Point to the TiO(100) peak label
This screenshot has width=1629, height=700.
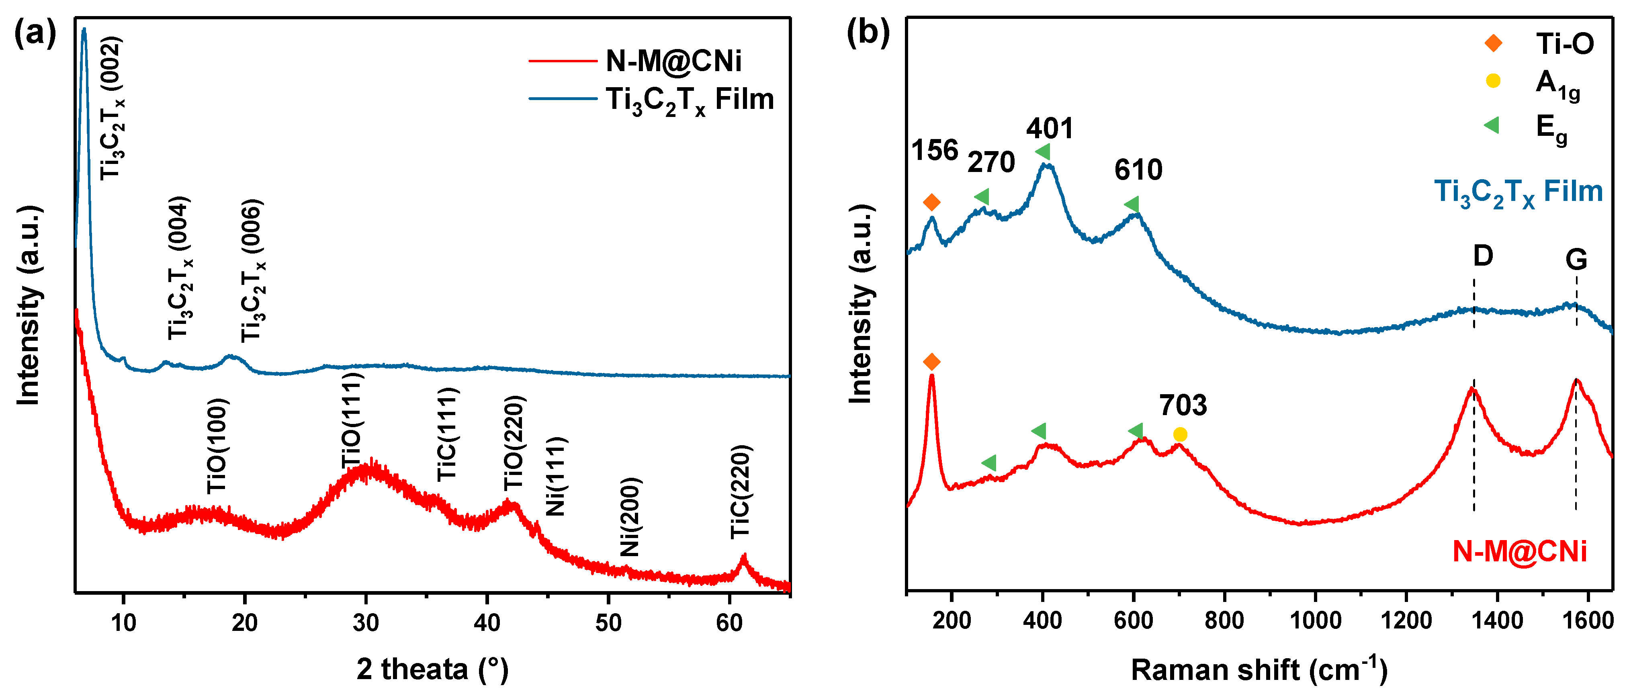click(217, 446)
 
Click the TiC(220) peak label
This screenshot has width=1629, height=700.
click(741, 492)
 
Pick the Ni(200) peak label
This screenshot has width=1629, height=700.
click(630, 517)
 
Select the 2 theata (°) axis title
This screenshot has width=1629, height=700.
click(432, 669)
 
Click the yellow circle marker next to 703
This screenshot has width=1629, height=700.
click(1180, 434)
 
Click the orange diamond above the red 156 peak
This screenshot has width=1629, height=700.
click(931, 362)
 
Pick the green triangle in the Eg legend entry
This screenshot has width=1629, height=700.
click(1492, 125)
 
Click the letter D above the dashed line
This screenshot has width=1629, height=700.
click(1483, 256)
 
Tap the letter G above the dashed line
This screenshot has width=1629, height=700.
click(1576, 259)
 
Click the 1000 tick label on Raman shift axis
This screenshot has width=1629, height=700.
click(1315, 620)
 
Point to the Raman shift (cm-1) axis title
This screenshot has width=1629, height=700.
click(1259, 669)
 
